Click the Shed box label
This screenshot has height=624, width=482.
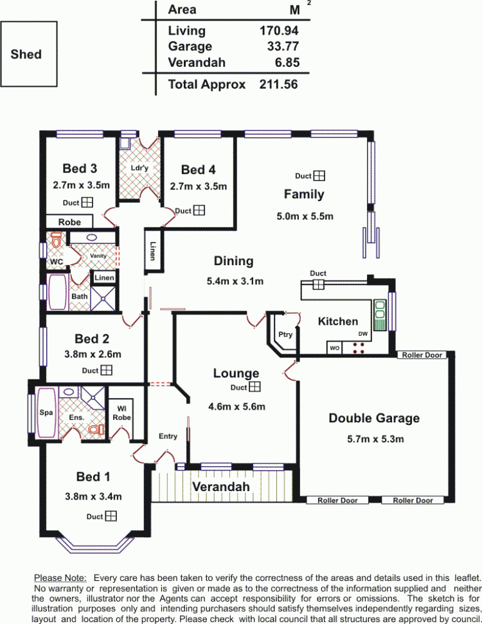[x=26, y=54]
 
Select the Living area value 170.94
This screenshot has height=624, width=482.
[x=279, y=31]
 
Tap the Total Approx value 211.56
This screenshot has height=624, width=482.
[x=278, y=84]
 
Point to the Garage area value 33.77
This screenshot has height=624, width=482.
[x=283, y=46]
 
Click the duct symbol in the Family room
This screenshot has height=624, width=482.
[x=319, y=175]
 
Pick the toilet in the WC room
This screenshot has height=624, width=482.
[x=56, y=241]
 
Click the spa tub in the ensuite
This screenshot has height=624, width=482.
[x=46, y=413]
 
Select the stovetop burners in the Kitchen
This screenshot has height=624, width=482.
[x=359, y=348]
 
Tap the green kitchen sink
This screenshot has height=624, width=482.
[x=380, y=315]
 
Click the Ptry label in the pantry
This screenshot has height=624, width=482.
[x=285, y=334]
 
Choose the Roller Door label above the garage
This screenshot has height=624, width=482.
[x=422, y=355]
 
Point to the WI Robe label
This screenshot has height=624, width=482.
[x=121, y=413]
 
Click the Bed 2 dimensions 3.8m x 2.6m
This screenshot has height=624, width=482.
[x=93, y=354]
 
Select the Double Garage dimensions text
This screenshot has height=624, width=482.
[x=375, y=439]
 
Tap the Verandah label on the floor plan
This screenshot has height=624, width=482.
[x=221, y=487]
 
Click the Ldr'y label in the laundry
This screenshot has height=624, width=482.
[x=139, y=168]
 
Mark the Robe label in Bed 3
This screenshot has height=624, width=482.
[x=69, y=222]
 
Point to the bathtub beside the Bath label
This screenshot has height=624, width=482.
[x=57, y=291]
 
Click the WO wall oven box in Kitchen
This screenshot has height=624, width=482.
[x=335, y=348]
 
